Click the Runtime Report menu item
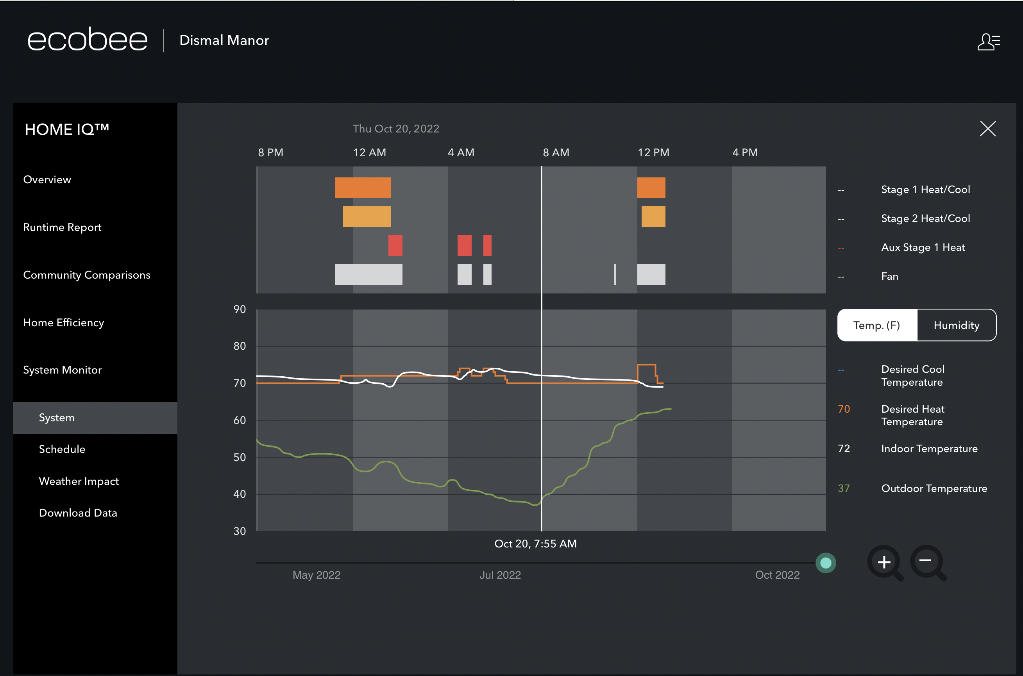pyautogui.click(x=62, y=227)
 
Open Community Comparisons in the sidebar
pyautogui.click(x=87, y=275)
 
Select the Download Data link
pyautogui.click(x=78, y=513)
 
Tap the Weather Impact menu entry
pyautogui.click(x=79, y=481)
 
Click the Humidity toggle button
pyautogui.click(x=956, y=325)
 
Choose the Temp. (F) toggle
pyautogui.click(x=876, y=325)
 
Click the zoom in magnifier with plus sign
pyautogui.click(x=884, y=562)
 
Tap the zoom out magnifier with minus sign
pyautogui.click(x=926, y=562)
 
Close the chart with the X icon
pyautogui.click(x=988, y=129)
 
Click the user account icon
pyautogui.click(x=988, y=42)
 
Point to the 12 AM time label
pyautogui.click(x=369, y=153)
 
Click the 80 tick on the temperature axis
pyautogui.click(x=240, y=346)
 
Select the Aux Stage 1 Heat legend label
pyautogui.click(x=923, y=247)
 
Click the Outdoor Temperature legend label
pyautogui.click(x=934, y=488)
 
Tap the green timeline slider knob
pyautogui.click(x=826, y=563)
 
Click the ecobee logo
pyautogui.click(x=88, y=40)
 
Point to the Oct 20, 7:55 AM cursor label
pyautogui.click(x=535, y=544)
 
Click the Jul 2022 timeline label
pyautogui.click(x=500, y=575)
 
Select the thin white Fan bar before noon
pyautogui.click(x=615, y=275)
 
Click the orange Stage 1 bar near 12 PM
pyautogui.click(x=651, y=188)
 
